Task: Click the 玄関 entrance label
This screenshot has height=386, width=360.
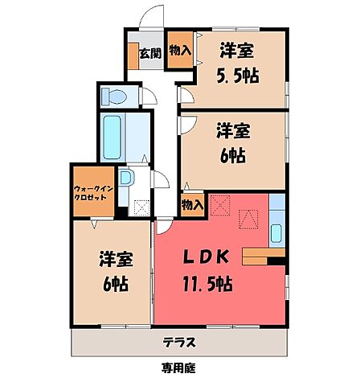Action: coord(149,55)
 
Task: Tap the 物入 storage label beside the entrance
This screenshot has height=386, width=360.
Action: coord(179,51)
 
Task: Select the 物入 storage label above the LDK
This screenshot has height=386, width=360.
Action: coord(193,205)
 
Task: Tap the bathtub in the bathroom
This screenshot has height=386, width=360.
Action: coord(112,138)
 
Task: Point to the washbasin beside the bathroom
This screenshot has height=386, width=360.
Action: coord(126,179)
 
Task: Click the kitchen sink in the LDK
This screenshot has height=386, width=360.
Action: coord(276,233)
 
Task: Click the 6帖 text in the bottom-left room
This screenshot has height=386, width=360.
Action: coord(112,284)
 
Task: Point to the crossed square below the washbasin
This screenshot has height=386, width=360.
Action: coord(142,207)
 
